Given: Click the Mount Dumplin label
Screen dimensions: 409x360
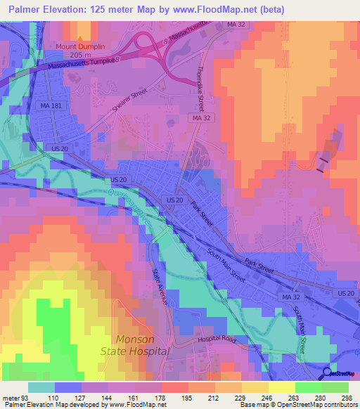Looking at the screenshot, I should [x=80, y=46].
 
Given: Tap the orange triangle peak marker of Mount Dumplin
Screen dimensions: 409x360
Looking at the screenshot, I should [x=80, y=39].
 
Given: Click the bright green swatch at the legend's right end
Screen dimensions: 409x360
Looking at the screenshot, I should [x=335, y=387].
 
